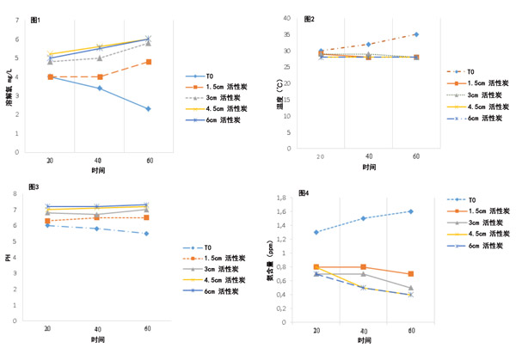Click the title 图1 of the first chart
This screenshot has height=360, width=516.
pyautogui.click(x=34, y=19)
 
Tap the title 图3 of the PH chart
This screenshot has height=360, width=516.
pyautogui.click(x=34, y=186)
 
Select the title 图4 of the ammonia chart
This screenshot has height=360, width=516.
pyautogui.click(x=304, y=192)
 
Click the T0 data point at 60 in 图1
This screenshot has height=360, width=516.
pyautogui.click(x=148, y=109)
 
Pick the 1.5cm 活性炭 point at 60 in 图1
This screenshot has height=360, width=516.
pyautogui.click(x=148, y=62)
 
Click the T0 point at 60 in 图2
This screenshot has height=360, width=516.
pyautogui.click(x=416, y=34)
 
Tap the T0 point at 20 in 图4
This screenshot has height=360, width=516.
pyautogui.click(x=317, y=232)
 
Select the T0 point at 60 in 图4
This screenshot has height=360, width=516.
pyautogui.click(x=410, y=211)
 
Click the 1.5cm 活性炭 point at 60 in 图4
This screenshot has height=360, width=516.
pyautogui.click(x=410, y=274)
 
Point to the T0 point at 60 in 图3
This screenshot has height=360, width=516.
pyautogui.click(x=146, y=234)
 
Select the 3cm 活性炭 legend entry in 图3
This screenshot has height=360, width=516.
pyautogui.click(x=222, y=269)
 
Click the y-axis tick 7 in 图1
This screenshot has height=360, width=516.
pyautogui.click(x=17, y=20)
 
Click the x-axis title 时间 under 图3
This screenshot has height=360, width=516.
pyautogui.click(x=97, y=342)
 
